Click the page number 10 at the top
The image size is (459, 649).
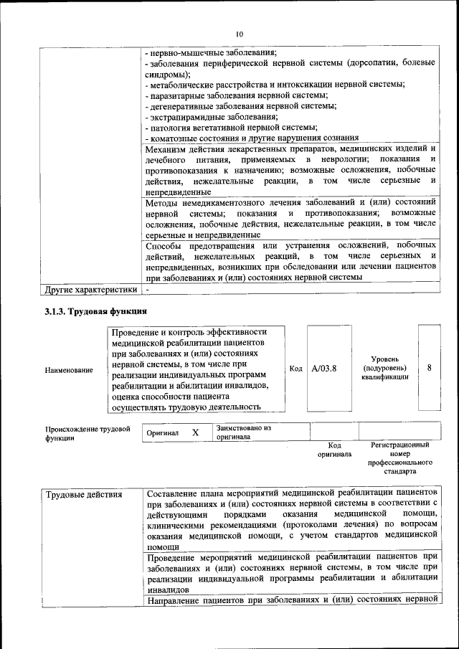[x=240, y=33]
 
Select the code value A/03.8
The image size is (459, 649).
[x=324, y=369]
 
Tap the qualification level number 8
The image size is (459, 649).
[x=429, y=367]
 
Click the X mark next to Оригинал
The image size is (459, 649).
[x=195, y=433]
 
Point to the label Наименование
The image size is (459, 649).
[x=69, y=370]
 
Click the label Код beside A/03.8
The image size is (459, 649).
[x=295, y=369]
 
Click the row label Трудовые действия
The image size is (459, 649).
[x=83, y=495]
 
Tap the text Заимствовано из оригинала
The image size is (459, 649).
[x=244, y=432]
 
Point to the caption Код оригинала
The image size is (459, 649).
[x=333, y=450]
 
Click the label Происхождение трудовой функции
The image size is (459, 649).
[x=87, y=433]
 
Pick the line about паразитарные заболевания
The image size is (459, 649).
[x=236, y=95]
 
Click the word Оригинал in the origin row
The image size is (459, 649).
[x=163, y=434]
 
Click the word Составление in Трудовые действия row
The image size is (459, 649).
[x=177, y=494]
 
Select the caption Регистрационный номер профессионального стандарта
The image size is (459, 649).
[x=399, y=459]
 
